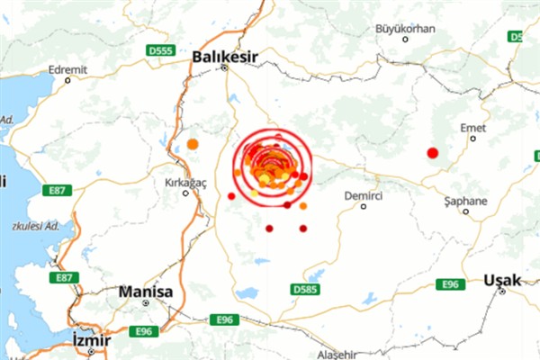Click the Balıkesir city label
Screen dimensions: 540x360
point(226,58)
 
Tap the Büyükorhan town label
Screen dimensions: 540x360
point(405,29)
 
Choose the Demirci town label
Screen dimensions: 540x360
point(364,194)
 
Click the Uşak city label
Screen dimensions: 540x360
point(501,281)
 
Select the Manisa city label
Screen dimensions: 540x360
point(144,292)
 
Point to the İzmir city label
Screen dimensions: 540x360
point(90,340)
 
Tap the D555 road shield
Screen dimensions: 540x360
point(162,52)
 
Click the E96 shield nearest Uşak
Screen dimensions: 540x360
point(450,284)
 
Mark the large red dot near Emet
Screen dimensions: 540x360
point(432,153)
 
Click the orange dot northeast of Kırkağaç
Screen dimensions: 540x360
point(193,144)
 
